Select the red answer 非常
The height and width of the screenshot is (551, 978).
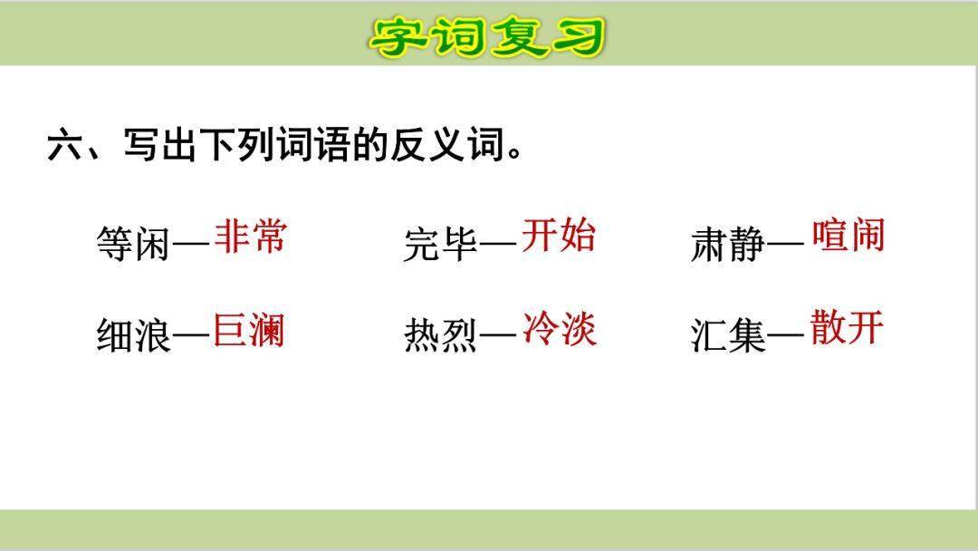[251, 237]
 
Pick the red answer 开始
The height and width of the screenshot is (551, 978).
[559, 237]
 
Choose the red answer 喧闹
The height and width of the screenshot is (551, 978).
[848, 236]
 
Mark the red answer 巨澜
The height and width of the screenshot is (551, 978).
[249, 330]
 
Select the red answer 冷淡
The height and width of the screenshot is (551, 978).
[559, 329]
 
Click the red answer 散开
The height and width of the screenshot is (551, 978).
[847, 328]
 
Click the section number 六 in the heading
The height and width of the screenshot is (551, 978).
[64, 146]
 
